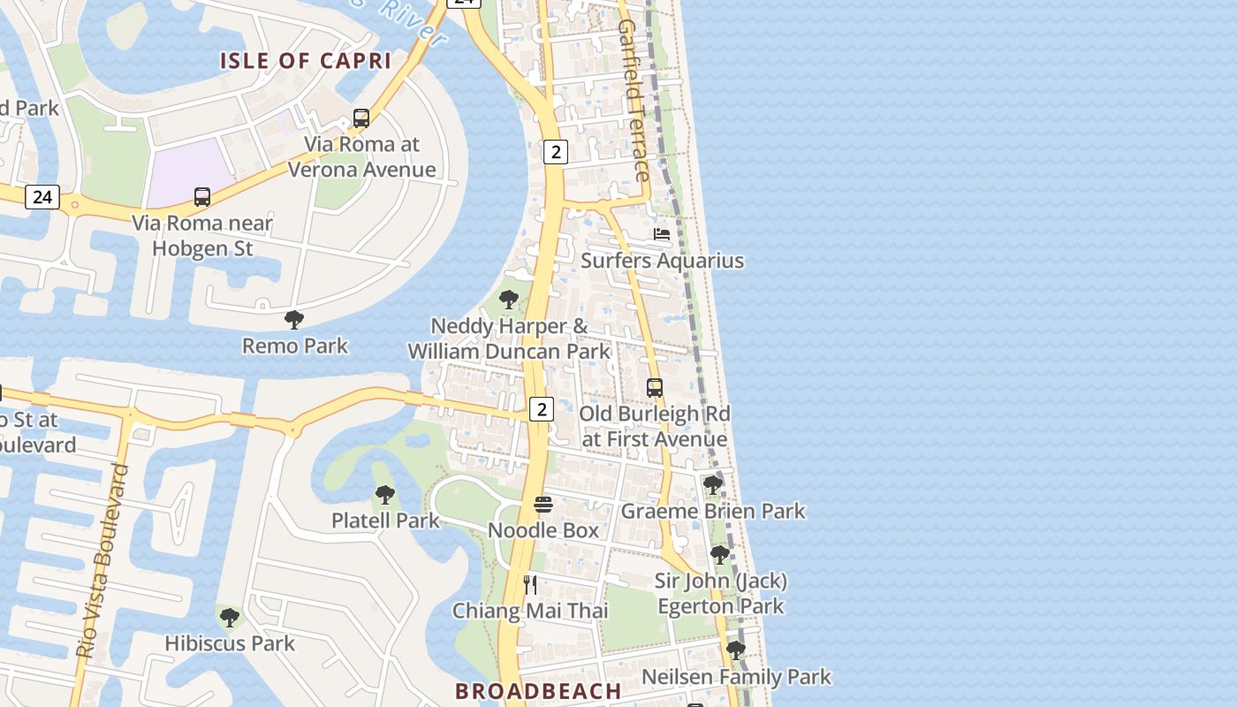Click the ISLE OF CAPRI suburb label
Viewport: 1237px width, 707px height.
[x=305, y=61]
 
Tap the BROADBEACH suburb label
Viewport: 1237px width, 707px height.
[x=538, y=691]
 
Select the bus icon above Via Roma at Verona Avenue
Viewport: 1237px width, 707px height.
[x=360, y=118]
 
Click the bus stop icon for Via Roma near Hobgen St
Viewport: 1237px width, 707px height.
[x=202, y=197]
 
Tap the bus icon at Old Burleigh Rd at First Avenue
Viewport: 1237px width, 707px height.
[x=654, y=388]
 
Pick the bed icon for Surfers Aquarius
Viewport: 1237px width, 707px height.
[x=661, y=234]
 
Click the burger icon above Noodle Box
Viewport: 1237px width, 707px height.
[x=543, y=505]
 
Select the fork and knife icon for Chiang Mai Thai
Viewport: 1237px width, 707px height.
[x=530, y=584]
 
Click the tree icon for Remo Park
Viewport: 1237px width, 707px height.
[x=294, y=320]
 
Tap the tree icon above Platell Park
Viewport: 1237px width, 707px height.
[x=384, y=495]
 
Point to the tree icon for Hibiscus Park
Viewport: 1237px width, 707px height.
[x=230, y=618]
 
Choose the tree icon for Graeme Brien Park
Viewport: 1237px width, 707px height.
[x=712, y=485]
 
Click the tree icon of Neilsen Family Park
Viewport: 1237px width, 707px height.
[x=735, y=651]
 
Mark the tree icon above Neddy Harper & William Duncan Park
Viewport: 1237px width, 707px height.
[x=508, y=300]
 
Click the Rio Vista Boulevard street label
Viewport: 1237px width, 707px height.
[x=103, y=560]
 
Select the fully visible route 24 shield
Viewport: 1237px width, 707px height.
[x=42, y=197]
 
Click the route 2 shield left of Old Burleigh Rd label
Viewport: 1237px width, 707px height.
[x=541, y=409]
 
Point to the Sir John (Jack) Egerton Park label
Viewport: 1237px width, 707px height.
[x=720, y=594]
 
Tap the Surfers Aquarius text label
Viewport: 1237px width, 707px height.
[x=662, y=261]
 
